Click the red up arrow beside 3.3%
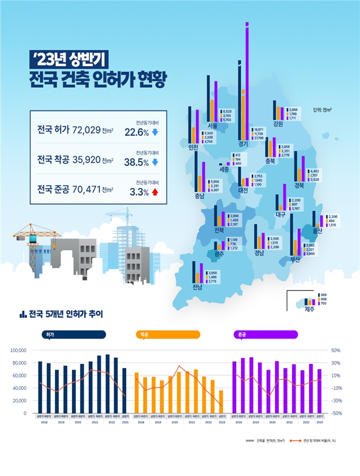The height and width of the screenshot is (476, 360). (155, 192)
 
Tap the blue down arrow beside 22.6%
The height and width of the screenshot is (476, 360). (155, 133)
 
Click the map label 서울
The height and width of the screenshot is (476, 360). (213, 126)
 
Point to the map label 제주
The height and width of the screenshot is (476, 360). (310, 310)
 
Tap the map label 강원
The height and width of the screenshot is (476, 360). (278, 124)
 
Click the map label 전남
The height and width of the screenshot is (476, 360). (197, 286)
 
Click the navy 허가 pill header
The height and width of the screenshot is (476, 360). (74, 335)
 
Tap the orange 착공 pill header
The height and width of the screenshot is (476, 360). (168, 335)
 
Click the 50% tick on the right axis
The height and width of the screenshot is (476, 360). (335, 351)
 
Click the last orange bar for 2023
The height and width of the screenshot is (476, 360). (221, 402)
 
